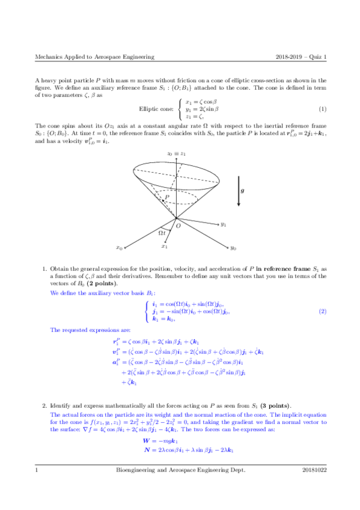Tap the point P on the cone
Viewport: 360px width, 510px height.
(163, 201)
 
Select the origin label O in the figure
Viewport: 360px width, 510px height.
(177, 226)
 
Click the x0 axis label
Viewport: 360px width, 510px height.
(120, 247)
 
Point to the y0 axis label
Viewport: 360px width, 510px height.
(233, 247)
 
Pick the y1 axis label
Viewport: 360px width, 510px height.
(223, 224)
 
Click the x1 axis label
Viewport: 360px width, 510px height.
(164, 246)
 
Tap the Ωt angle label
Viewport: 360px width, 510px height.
(162, 232)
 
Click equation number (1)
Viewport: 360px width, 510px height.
(322, 109)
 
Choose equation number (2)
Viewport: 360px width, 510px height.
(322, 311)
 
